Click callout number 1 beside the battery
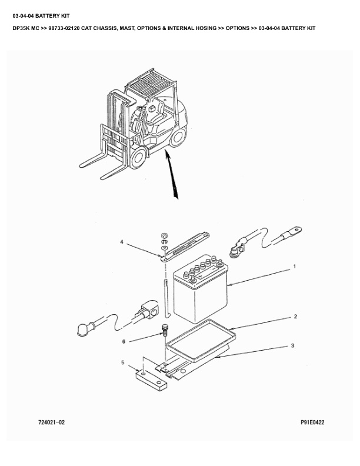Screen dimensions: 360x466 pos(294,267)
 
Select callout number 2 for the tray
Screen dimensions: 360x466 pos(295,317)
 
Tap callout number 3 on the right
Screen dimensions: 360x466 pos(292,345)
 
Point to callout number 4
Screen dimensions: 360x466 pos(122,242)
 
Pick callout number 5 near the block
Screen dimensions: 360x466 pos(123,362)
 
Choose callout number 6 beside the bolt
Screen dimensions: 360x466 pos(124,341)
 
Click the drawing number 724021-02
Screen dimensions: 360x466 pos(51,422)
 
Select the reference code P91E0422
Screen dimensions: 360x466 pos(312,422)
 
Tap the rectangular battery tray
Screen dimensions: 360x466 pos(201,341)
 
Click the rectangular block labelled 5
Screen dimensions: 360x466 pos(151,381)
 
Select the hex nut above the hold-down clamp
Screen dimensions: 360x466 pos(163,236)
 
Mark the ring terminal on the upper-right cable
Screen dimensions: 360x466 pos(295,230)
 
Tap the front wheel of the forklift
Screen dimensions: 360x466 pos(137,157)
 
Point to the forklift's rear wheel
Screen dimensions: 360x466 pos(178,137)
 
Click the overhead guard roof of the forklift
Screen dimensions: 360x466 pos(150,82)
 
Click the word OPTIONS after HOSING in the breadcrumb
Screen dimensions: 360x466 pos(237,28)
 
